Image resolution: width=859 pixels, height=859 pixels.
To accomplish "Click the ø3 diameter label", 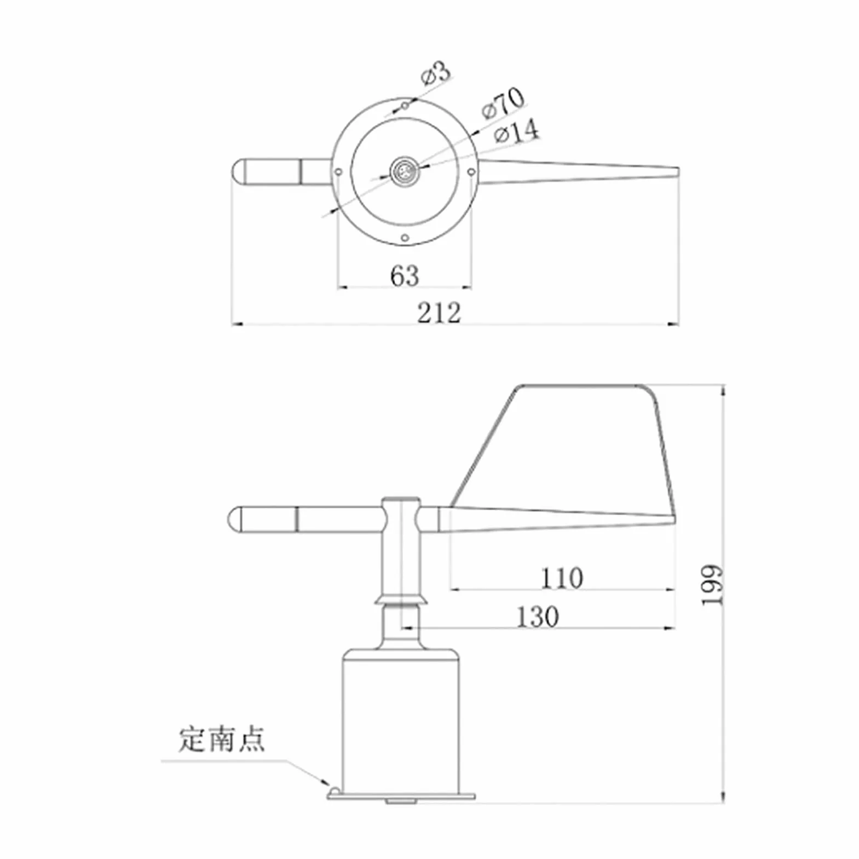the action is [436, 73].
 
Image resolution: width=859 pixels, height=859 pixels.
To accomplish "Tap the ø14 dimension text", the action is [516, 132].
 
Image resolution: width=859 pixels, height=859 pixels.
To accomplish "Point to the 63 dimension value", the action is [405, 275].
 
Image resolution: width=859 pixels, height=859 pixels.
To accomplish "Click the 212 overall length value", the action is [439, 313].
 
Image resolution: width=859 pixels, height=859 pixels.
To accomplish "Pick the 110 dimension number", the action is [562, 578].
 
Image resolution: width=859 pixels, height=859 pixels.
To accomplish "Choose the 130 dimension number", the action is [538, 616].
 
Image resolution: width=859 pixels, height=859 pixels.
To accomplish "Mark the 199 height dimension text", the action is [712, 585].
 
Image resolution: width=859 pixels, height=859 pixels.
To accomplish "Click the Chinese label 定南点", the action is [222, 740].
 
